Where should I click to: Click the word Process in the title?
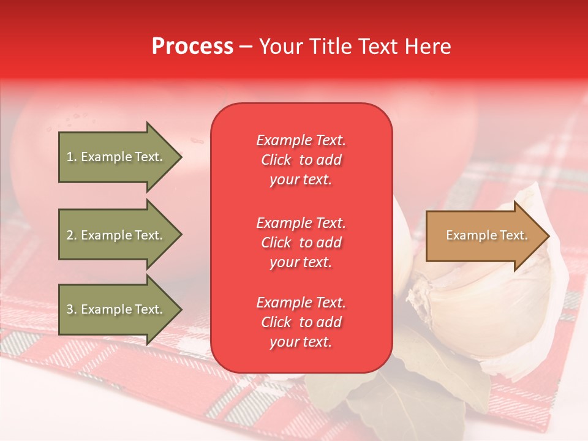tap(192, 46)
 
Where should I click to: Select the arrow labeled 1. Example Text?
tap(116, 157)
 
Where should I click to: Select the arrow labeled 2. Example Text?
tap(116, 235)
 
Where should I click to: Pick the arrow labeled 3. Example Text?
tap(116, 309)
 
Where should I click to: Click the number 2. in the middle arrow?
tap(72, 235)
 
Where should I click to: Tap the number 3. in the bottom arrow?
tap(72, 309)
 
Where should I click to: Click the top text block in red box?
tap(301, 160)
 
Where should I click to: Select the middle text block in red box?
tap(301, 243)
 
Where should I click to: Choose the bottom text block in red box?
tap(301, 322)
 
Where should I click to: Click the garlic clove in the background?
tap(484, 306)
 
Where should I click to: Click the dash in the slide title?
tap(246, 47)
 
